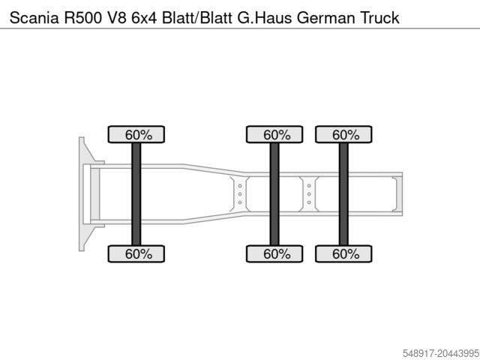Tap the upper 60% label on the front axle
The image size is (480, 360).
tap(138, 135)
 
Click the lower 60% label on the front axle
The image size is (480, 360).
tap(138, 254)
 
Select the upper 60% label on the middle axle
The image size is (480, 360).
tap(276, 135)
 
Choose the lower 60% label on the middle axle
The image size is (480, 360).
tap(276, 254)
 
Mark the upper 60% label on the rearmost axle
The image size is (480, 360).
tap(345, 135)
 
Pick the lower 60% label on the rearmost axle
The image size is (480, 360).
tap(345, 254)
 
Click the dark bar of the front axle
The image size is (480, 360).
tap(136, 194)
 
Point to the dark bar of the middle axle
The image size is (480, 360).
tap(274, 194)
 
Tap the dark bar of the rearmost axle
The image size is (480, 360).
tap(343, 194)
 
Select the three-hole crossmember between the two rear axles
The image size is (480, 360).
tap(308, 194)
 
